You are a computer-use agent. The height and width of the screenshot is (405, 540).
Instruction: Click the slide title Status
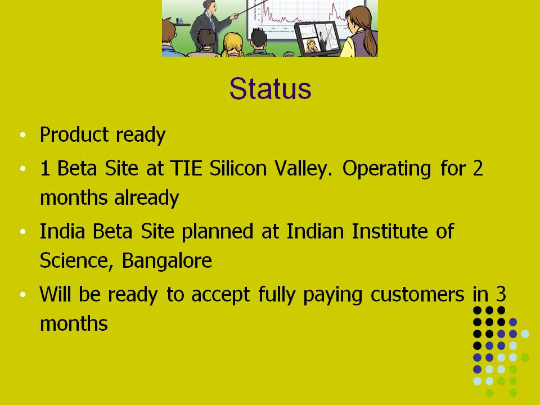click(271, 88)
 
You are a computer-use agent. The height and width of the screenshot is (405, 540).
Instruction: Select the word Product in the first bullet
click(74, 134)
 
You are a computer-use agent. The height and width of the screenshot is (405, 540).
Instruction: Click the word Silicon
click(238, 168)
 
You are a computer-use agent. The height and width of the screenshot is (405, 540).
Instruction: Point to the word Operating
click(386, 169)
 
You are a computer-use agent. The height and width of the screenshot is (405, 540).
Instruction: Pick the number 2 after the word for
click(478, 168)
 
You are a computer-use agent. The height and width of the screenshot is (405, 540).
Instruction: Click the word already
click(147, 198)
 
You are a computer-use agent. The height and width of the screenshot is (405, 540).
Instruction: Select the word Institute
click(390, 231)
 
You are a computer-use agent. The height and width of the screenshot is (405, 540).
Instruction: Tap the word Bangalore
click(166, 261)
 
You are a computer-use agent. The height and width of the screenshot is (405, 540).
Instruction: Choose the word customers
click(417, 295)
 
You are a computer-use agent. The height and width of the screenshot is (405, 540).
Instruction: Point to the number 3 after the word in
click(501, 294)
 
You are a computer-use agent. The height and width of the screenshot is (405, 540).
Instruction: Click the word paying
click(332, 296)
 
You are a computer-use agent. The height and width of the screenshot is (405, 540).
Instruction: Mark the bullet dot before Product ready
click(22, 134)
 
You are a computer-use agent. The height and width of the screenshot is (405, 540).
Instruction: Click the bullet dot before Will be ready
click(22, 295)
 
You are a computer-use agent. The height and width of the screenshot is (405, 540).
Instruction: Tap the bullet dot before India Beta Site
click(22, 231)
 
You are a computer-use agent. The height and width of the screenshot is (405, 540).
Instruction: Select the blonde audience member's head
click(233, 43)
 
